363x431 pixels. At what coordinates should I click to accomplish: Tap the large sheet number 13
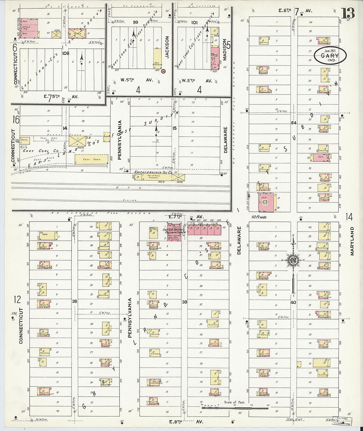(348, 14)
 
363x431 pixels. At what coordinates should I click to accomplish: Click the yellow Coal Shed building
(91, 160)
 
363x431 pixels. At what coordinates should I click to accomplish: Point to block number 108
(66, 53)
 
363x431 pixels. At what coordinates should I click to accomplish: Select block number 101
(194, 22)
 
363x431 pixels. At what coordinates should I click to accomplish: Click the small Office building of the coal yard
(24, 140)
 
